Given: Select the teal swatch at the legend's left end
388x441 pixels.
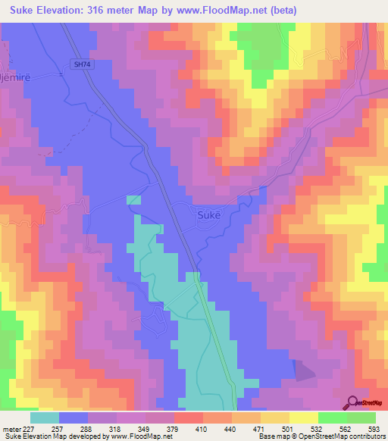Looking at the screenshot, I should [x=45, y=418].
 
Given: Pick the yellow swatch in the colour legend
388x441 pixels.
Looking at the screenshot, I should [x=303, y=418].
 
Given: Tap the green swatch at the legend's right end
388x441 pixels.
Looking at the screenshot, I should [x=361, y=418].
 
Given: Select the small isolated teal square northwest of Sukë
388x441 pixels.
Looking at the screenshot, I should [x=133, y=199].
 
